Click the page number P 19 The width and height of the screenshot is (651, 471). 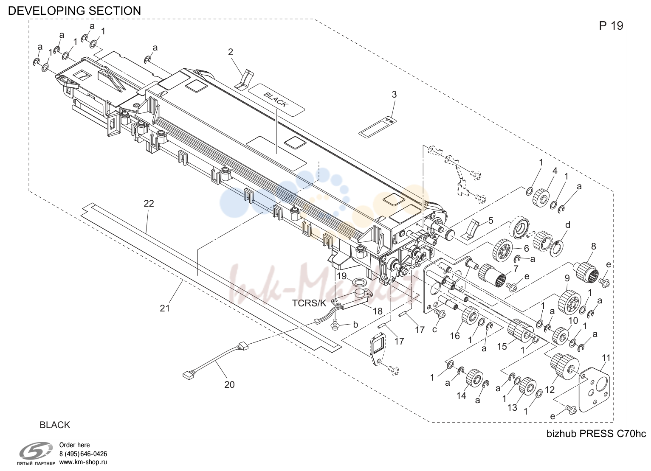[611, 26]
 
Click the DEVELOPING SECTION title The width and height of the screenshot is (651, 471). [74, 11]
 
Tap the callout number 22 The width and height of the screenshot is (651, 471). [149, 204]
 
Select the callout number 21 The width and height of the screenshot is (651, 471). [164, 308]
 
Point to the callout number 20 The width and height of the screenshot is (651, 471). [229, 384]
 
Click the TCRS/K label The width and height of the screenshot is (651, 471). [309, 303]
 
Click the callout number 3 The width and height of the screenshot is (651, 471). [394, 94]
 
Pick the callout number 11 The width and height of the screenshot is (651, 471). [606, 358]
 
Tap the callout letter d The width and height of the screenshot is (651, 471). [568, 225]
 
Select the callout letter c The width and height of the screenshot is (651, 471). [434, 329]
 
